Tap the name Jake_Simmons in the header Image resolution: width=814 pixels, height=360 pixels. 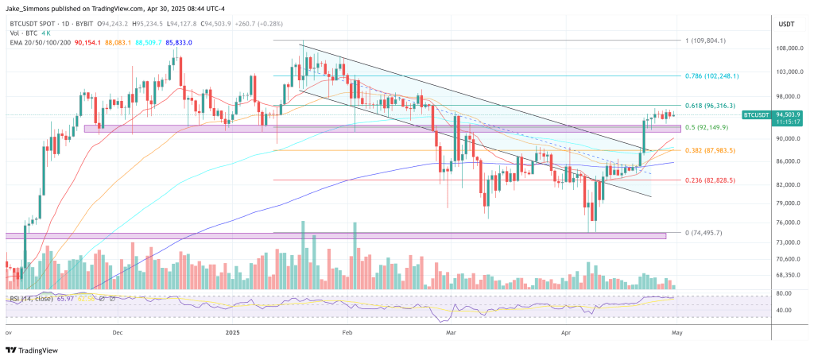click(32, 7)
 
